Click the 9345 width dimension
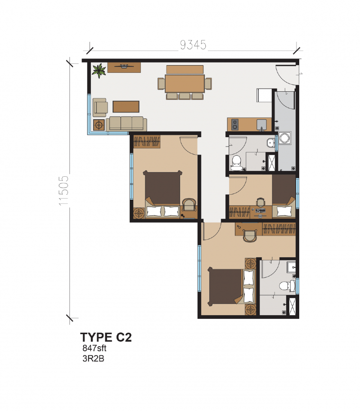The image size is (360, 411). (x=193, y=45)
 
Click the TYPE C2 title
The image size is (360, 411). (x=106, y=337)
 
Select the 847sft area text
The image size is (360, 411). (x=94, y=348)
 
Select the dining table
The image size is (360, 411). (x=184, y=83)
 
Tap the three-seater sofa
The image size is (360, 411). (x=127, y=123)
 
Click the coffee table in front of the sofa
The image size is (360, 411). (x=126, y=106)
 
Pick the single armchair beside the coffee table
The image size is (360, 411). (x=100, y=107)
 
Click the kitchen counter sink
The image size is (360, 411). (x=261, y=123)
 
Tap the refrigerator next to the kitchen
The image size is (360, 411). (x=264, y=95)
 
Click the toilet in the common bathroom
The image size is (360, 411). (x=237, y=162)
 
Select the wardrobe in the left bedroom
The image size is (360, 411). (x=147, y=142)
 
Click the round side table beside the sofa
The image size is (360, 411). (x=99, y=125)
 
